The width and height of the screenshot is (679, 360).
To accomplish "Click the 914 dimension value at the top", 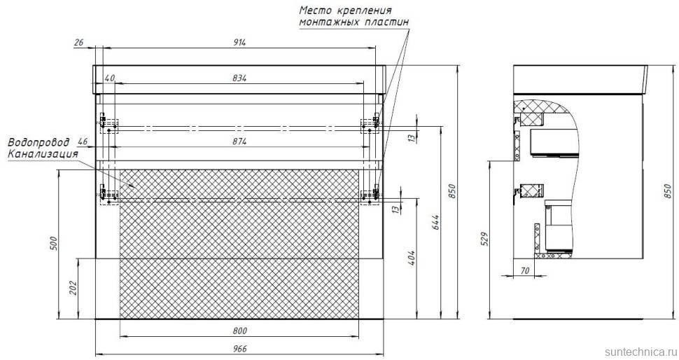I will coord(241,43).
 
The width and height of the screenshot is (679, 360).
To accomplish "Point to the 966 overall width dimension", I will coord(240,347).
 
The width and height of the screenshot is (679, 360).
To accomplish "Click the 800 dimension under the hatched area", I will coord(240,331).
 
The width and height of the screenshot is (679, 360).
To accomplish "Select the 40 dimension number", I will coord(109,78).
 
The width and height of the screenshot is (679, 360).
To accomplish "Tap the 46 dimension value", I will coord(83,142).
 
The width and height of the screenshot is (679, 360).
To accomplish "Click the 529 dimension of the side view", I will coord(484,240).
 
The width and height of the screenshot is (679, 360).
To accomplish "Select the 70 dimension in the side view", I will coord(524,270).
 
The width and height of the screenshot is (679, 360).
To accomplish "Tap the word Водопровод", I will coord(37,141).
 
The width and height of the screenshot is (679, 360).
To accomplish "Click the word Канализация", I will coord(42,153).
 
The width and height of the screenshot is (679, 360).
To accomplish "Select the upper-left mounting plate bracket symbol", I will coord(105,125).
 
